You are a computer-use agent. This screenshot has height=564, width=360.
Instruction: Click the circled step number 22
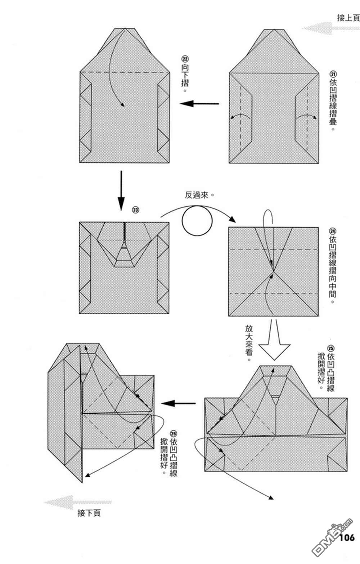(x=185, y=59)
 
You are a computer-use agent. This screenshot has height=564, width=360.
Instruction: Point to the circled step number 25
(x=331, y=348)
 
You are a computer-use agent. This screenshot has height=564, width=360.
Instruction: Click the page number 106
(x=347, y=538)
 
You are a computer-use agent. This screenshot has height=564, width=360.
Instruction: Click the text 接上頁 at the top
(x=348, y=17)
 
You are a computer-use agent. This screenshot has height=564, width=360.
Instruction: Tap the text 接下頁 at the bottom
(x=89, y=513)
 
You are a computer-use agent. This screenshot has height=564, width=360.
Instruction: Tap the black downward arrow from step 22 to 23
(x=121, y=191)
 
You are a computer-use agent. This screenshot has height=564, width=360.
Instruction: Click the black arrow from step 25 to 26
(x=178, y=403)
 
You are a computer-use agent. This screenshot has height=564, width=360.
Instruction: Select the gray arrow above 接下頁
(x=77, y=502)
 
